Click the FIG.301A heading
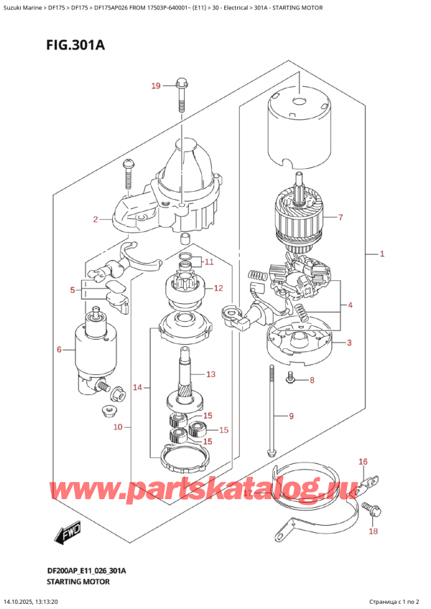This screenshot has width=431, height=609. point(75,45)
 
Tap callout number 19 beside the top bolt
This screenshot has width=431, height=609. point(156,85)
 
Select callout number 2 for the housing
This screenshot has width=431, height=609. point(96,220)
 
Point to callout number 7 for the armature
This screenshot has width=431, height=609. point(340,217)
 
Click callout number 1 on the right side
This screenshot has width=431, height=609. point(382,254)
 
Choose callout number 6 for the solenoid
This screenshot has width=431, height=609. point(59,350)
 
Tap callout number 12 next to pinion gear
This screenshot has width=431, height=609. point(218,288)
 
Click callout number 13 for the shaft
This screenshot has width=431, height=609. point(210,374)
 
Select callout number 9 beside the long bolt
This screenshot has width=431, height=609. point(292,417)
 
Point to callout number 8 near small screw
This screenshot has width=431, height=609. point(312,380)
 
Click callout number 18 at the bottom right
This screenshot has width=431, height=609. point(373,531)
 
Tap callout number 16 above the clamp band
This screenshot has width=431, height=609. point(363,461)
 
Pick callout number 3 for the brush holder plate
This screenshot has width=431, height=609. point(349,343)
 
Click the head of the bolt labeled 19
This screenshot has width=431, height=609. point(182,83)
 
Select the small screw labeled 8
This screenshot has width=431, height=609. point(289,378)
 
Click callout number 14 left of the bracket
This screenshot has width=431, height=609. point(138,387)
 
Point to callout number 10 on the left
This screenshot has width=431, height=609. point(118,427)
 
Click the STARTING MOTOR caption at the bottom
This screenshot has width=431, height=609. point(78,582)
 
